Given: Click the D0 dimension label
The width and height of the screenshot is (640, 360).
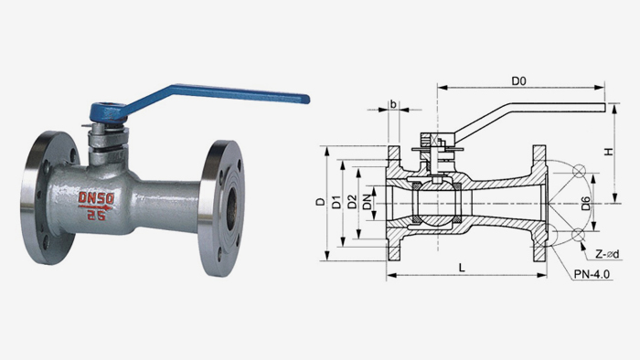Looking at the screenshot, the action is [518, 80].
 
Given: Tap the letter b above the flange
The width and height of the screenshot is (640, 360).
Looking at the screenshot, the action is [393, 104].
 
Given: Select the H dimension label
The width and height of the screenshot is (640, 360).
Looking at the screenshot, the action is [609, 152].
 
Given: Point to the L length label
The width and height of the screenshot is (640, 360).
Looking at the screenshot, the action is [462, 268].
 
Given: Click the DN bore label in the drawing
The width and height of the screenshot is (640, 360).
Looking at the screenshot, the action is [368, 203].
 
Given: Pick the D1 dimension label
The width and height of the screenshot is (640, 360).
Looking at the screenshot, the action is [336, 202].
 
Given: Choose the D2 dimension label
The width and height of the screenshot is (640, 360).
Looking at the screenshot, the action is [352, 202].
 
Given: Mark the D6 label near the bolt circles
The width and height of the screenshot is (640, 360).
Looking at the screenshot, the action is [585, 204].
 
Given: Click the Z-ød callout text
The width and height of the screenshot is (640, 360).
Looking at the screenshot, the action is [607, 254].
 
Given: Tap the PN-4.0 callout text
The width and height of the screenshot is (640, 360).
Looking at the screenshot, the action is [592, 274].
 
